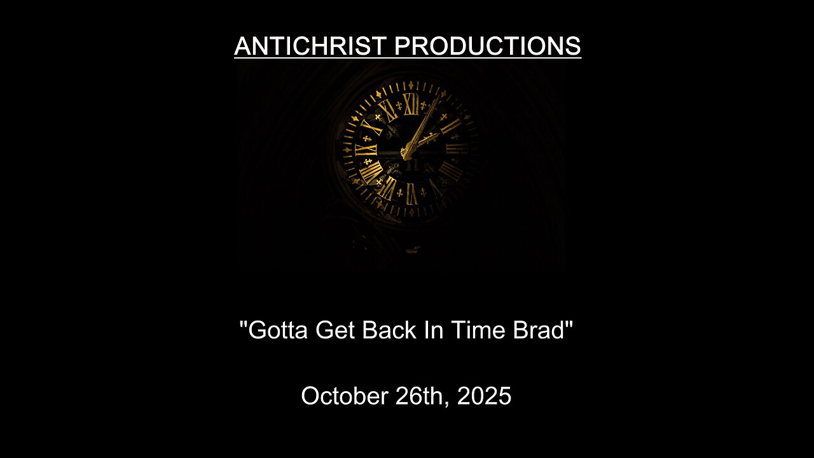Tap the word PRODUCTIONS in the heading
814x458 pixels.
(488, 46)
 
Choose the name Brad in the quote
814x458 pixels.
(541, 330)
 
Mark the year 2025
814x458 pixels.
(484, 396)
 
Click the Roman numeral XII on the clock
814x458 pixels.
(411, 104)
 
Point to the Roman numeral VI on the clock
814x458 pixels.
(411, 193)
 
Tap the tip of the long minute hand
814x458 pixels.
(438, 100)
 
